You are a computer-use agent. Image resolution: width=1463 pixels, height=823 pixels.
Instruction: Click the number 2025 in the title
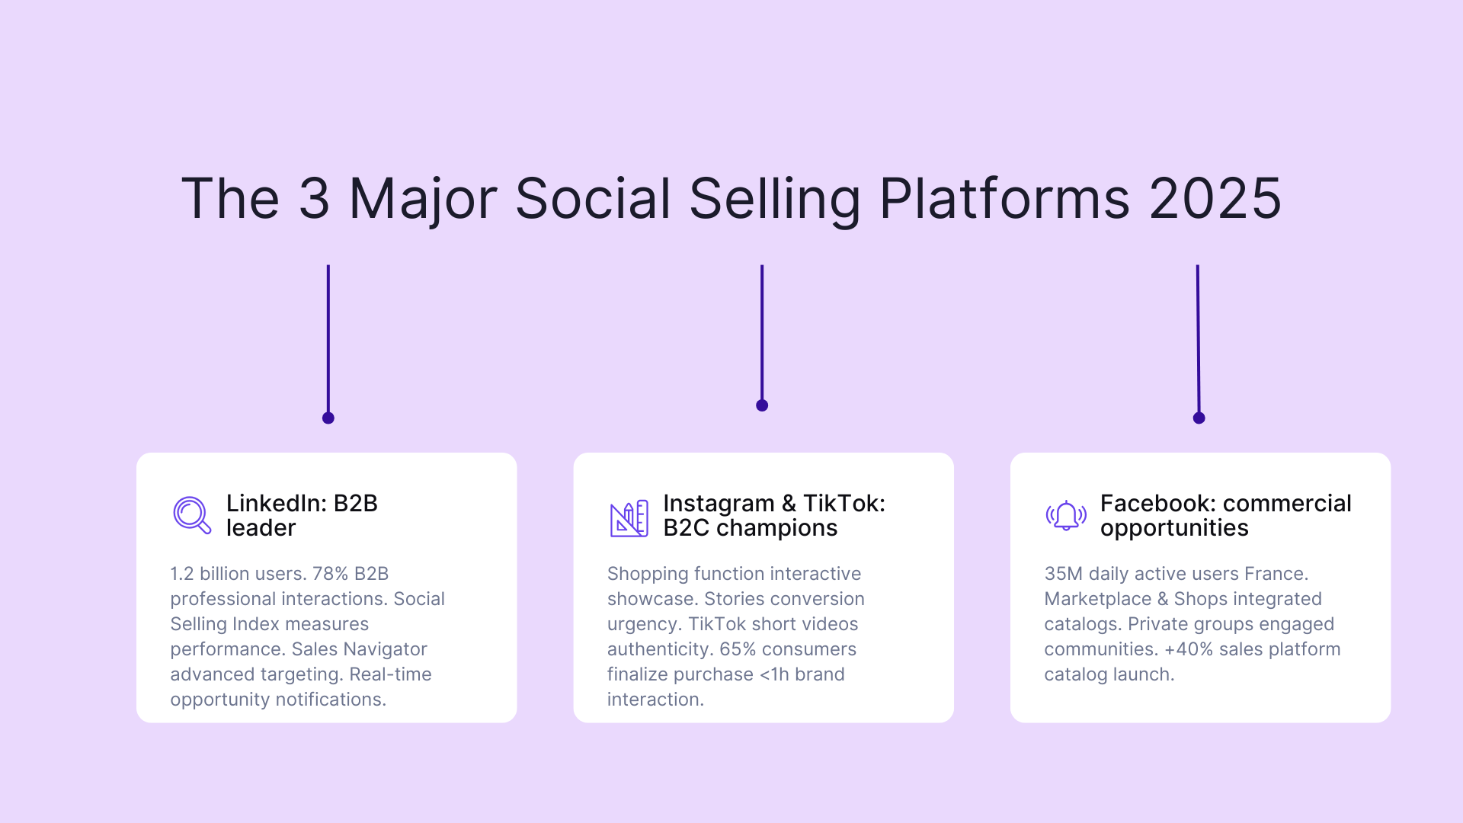pos(1215,199)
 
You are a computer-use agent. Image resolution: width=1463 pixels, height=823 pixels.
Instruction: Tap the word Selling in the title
pos(774,199)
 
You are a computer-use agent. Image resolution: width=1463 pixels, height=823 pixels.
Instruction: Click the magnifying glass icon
pos(191,515)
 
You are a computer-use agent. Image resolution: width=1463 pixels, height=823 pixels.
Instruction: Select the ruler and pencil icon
pos(629,518)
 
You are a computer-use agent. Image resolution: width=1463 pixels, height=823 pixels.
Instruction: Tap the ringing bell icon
pos(1066,516)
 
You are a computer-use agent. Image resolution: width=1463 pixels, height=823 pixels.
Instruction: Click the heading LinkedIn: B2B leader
pos(302,515)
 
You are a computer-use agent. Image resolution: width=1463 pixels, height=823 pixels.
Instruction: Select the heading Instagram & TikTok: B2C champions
pos(773,515)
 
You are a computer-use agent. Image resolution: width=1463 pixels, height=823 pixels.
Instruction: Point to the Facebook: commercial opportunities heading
pos(1225,515)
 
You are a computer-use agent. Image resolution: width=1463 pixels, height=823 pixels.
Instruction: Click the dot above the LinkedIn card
pos(328,418)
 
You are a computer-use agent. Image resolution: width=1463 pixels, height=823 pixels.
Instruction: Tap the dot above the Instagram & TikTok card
pos(762,405)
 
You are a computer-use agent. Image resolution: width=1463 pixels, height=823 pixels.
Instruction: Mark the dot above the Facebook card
pos(1199,418)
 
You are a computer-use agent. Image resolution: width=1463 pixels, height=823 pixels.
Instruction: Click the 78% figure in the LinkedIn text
pos(330,574)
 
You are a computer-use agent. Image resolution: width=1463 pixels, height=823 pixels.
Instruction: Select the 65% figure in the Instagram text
pos(738,649)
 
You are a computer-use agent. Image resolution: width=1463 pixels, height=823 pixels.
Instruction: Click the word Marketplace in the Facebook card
pos(1097,599)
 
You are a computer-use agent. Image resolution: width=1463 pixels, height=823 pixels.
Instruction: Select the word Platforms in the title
pos(1004,199)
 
